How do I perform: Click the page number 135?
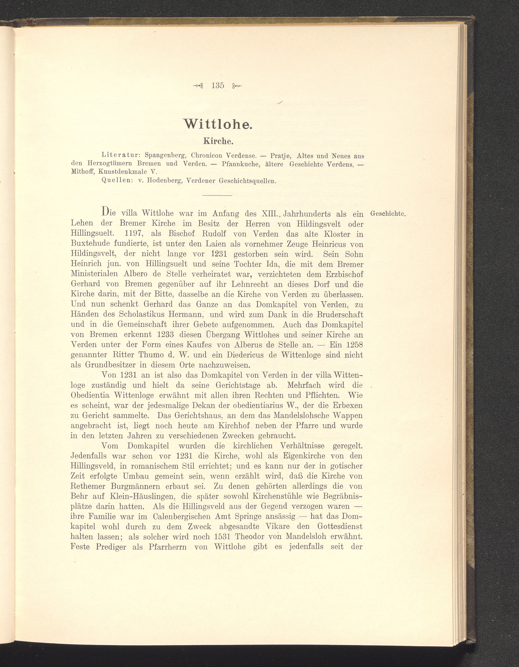tap(218, 86)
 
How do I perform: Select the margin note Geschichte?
tap(387, 214)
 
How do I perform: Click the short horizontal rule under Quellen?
tap(217, 195)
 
